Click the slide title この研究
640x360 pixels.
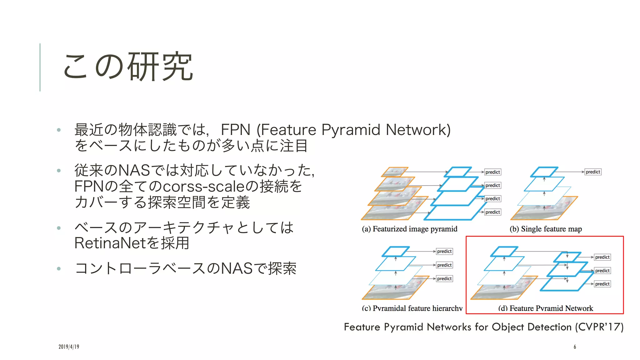coord(128,67)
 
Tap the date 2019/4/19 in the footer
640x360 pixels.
coord(69,347)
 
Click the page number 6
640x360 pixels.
coord(575,347)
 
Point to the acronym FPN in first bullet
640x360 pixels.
coord(236,130)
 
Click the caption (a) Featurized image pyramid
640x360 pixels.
coord(409,229)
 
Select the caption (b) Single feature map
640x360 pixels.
coord(546,229)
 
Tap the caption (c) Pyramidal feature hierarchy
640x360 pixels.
coord(412,308)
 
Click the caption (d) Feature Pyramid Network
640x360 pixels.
coord(545,308)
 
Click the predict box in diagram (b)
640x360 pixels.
coord(593,172)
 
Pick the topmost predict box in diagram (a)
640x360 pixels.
coord(492,172)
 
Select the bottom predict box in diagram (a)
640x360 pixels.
coord(492,212)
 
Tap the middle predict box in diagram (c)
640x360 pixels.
coord(444,265)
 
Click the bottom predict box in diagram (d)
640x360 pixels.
coord(602,284)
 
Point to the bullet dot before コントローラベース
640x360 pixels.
coord(59,268)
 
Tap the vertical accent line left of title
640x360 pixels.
coord(40,67)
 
